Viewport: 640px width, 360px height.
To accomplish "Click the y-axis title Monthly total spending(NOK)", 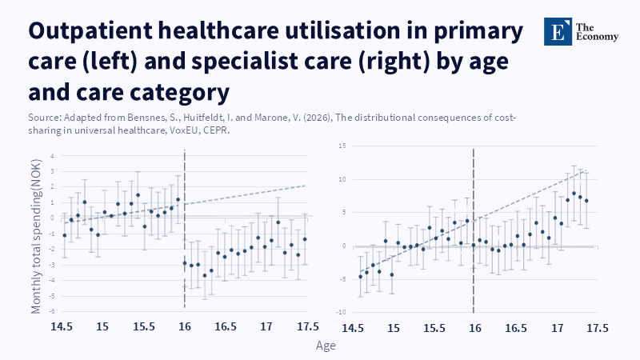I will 36,232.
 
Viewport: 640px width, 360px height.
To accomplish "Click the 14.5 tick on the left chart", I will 63,326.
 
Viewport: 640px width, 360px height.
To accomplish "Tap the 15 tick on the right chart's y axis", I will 341,146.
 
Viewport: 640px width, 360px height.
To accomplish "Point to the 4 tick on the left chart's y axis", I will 51,156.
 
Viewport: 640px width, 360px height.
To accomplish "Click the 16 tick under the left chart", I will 185,326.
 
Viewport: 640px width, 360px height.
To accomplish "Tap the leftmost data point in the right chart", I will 360,277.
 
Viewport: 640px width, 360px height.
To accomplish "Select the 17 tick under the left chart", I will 267,326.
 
